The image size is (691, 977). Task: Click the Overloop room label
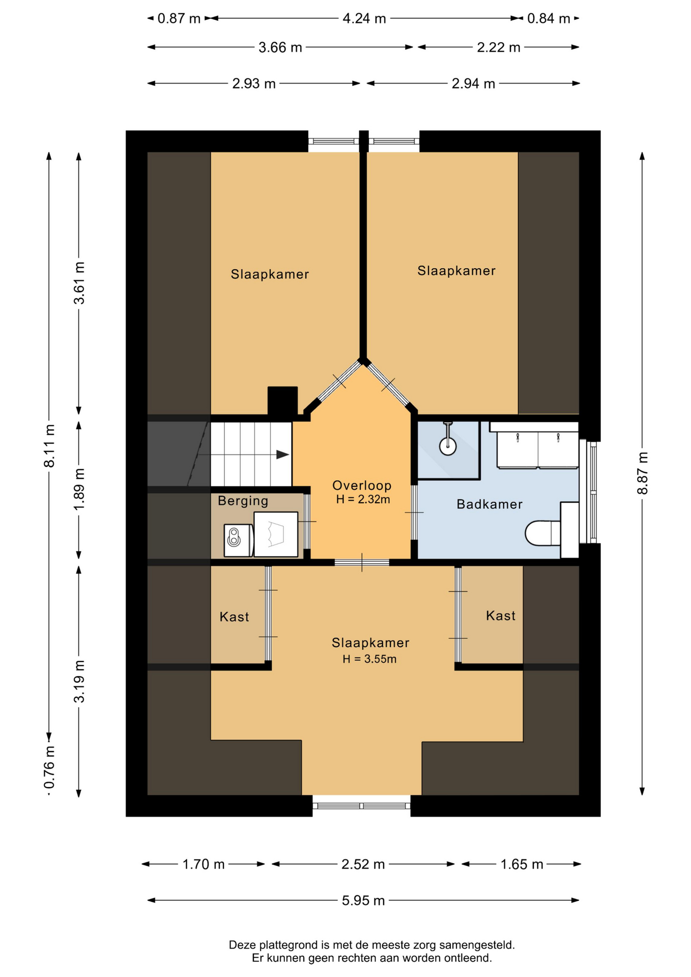[x=362, y=485]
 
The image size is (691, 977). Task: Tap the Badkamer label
[x=490, y=504]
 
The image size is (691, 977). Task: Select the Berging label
[x=243, y=501]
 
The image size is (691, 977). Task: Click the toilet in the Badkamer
[x=543, y=533]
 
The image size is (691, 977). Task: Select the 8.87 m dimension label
[x=642, y=473]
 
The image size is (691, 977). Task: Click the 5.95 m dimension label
[x=363, y=901]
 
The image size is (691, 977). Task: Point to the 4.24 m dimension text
[x=364, y=19]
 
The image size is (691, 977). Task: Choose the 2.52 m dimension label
[x=363, y=865]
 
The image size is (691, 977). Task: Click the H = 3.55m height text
[x=369, y=659]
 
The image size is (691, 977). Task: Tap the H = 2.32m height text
[x=363, y=500]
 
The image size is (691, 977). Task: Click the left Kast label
[x=234, y=617]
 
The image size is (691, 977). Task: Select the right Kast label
[x=501, y=616]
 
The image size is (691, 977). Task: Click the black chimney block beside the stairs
[x=282, y=401]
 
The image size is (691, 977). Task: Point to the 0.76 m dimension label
[x=49, y=767]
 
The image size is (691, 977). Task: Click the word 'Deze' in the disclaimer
[x=242, y=945]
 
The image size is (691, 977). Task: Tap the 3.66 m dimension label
[x=280, y=48]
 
